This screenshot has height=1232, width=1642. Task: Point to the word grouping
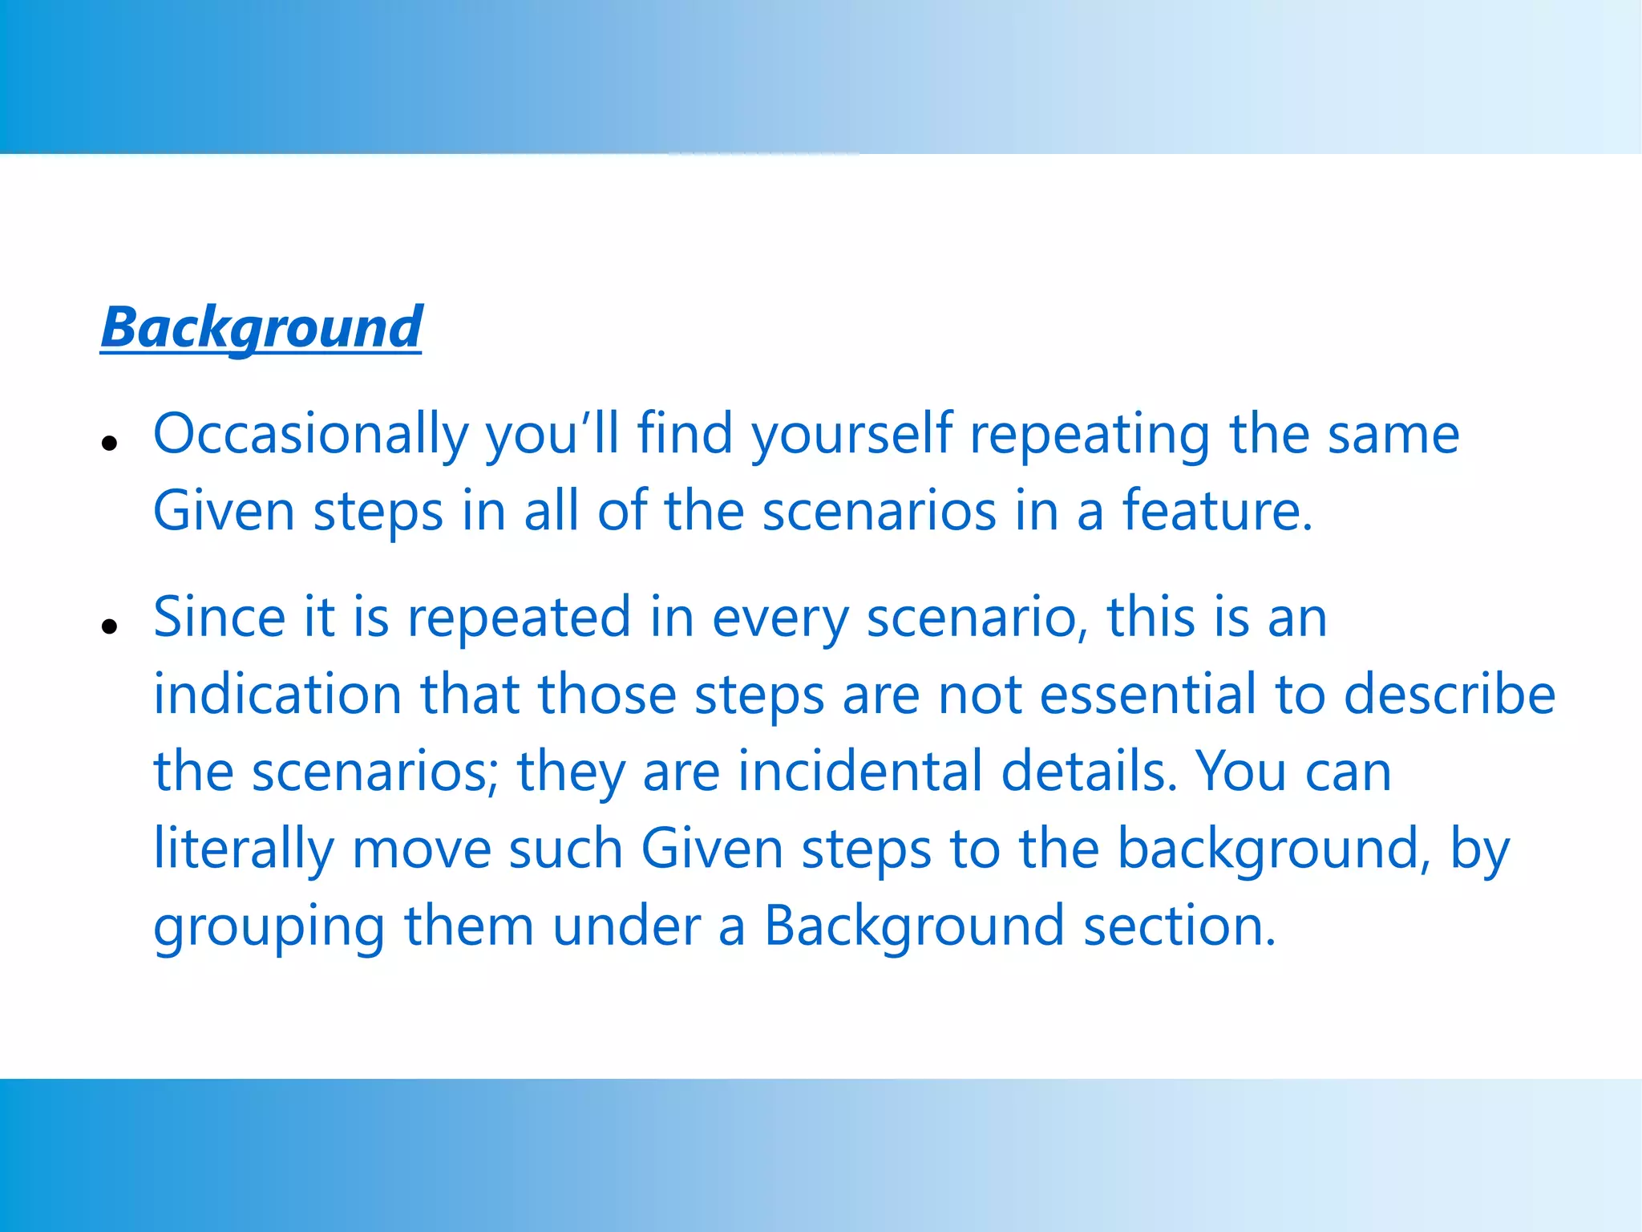269,926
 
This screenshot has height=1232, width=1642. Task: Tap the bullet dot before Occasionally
111,442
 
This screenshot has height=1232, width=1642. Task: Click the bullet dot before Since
111,626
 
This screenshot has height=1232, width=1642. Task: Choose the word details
1089,771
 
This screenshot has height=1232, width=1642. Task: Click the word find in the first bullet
686,434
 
